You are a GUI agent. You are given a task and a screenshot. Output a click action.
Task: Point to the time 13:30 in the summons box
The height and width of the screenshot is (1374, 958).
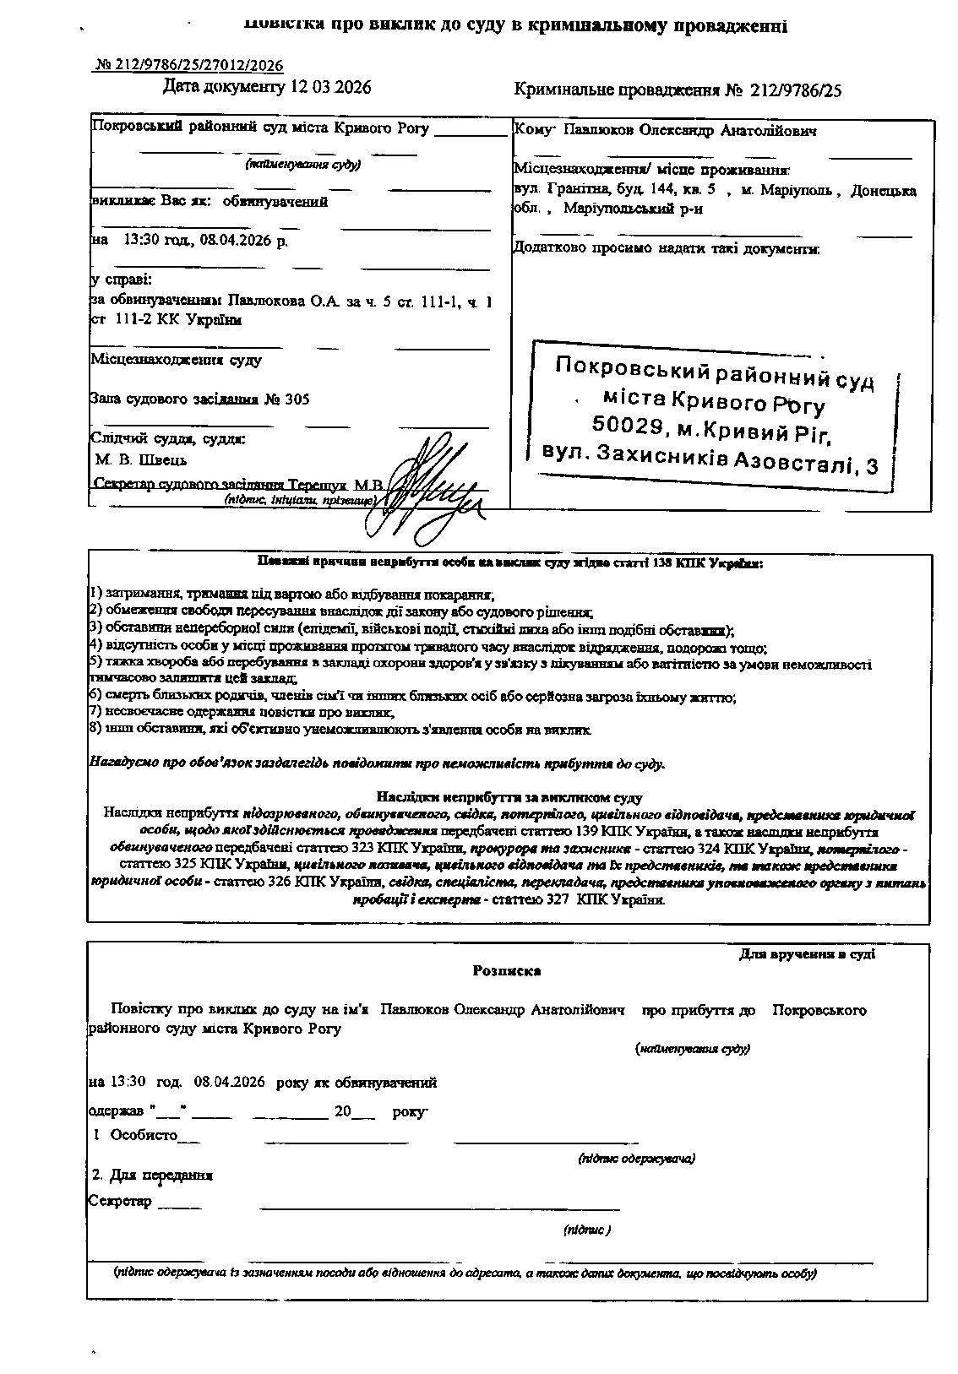click(x=140, y=241)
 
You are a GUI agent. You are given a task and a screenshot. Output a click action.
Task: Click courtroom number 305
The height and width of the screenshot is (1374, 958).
click(x=297, y=399)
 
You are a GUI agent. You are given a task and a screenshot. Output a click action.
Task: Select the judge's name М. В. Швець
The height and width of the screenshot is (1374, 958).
click(x=141, y=460)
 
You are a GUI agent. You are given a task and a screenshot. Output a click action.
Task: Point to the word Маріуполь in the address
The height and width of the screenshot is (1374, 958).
click(x=798, y=191)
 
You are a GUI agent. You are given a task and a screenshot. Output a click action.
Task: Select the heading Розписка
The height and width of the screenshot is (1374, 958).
click(x=507, y=971)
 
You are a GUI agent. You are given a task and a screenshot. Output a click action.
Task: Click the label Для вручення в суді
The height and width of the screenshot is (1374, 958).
click(x=807, y=954)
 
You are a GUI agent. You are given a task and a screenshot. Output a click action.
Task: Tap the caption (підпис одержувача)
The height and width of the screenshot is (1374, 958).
click(x=636, y=1158)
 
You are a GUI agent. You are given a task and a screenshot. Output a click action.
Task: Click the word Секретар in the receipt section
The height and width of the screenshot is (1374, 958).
click(x=120, y=1201)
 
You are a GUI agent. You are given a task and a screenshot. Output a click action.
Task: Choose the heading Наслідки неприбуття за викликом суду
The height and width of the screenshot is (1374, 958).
click(x=509, y=797)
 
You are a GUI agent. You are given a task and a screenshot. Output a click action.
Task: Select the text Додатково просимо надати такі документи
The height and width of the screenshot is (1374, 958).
click(x=666, y=248)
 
